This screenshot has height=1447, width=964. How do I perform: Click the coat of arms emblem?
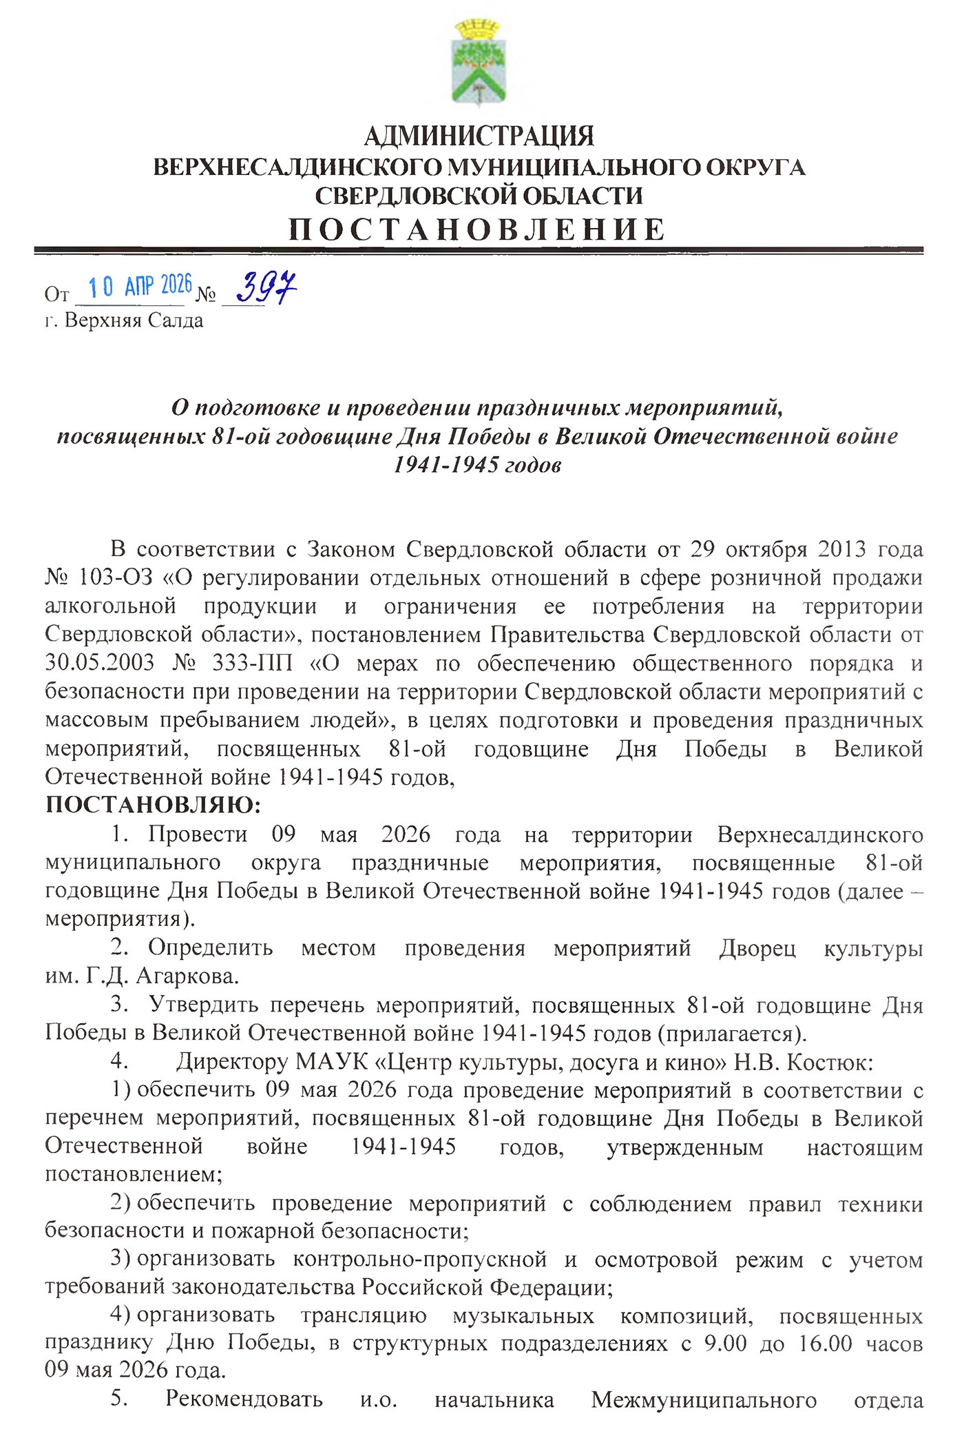coord(480,63)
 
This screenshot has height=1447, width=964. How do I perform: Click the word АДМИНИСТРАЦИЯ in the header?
coord(479,136)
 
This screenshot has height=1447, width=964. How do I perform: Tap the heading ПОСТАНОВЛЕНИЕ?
coord(478,229)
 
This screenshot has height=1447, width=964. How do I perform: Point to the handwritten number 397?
coord(266,287)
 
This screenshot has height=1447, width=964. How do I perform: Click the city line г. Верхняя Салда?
coord(125,320)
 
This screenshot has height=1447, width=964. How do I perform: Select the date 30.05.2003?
coord(100,662)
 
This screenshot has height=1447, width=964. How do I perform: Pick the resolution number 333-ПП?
coord(253,662)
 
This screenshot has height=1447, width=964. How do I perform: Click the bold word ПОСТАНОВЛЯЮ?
coord(153,804)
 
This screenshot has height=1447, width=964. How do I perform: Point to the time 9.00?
coord(725,1343)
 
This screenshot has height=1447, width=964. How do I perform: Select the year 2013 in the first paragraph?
coord(842,549)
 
